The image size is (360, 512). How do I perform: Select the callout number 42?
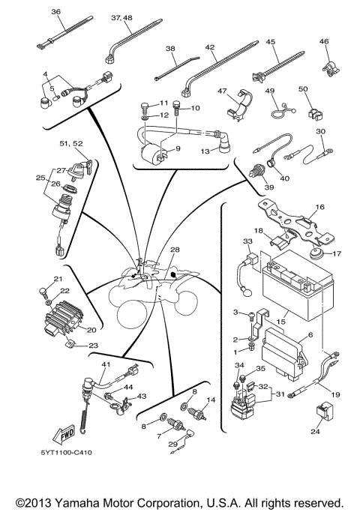[x=210, y=46]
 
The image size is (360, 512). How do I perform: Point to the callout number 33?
[x=247, y=241]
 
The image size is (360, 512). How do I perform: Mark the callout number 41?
[x=106, y=364]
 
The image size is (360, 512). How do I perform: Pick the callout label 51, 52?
[x=72, y=143]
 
